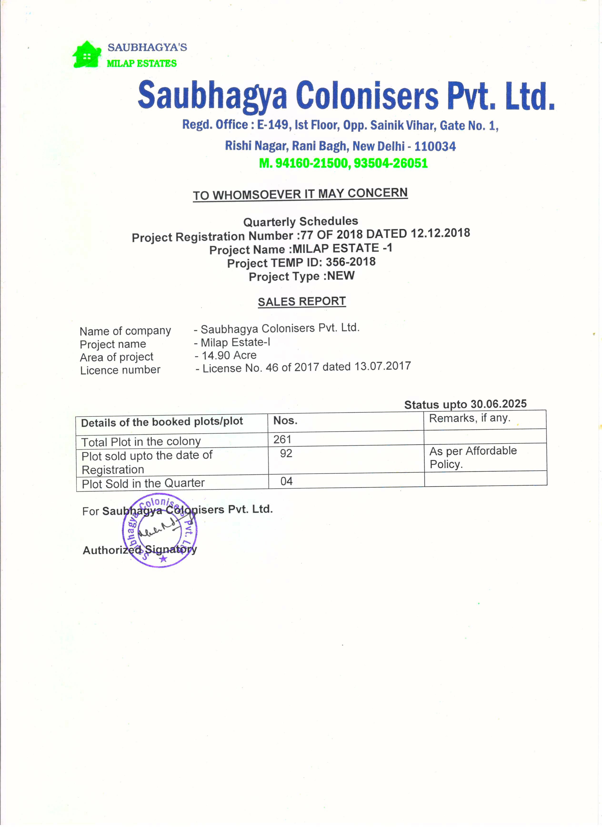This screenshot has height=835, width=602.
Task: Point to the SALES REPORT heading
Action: click(301, 301)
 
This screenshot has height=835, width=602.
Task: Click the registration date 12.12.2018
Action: click(440, 233)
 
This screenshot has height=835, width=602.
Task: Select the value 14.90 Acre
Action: click(229, 355)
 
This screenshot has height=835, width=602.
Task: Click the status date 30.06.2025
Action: click(499, 404)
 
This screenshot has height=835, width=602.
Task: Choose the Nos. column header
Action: click(285, 420)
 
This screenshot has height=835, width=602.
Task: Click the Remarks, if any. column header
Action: click(469, 418)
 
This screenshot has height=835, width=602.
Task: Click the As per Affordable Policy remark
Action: click(473, 457)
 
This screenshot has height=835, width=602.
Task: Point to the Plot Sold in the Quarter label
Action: click(143, 483)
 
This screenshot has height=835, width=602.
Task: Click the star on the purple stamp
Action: click(163, 559)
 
